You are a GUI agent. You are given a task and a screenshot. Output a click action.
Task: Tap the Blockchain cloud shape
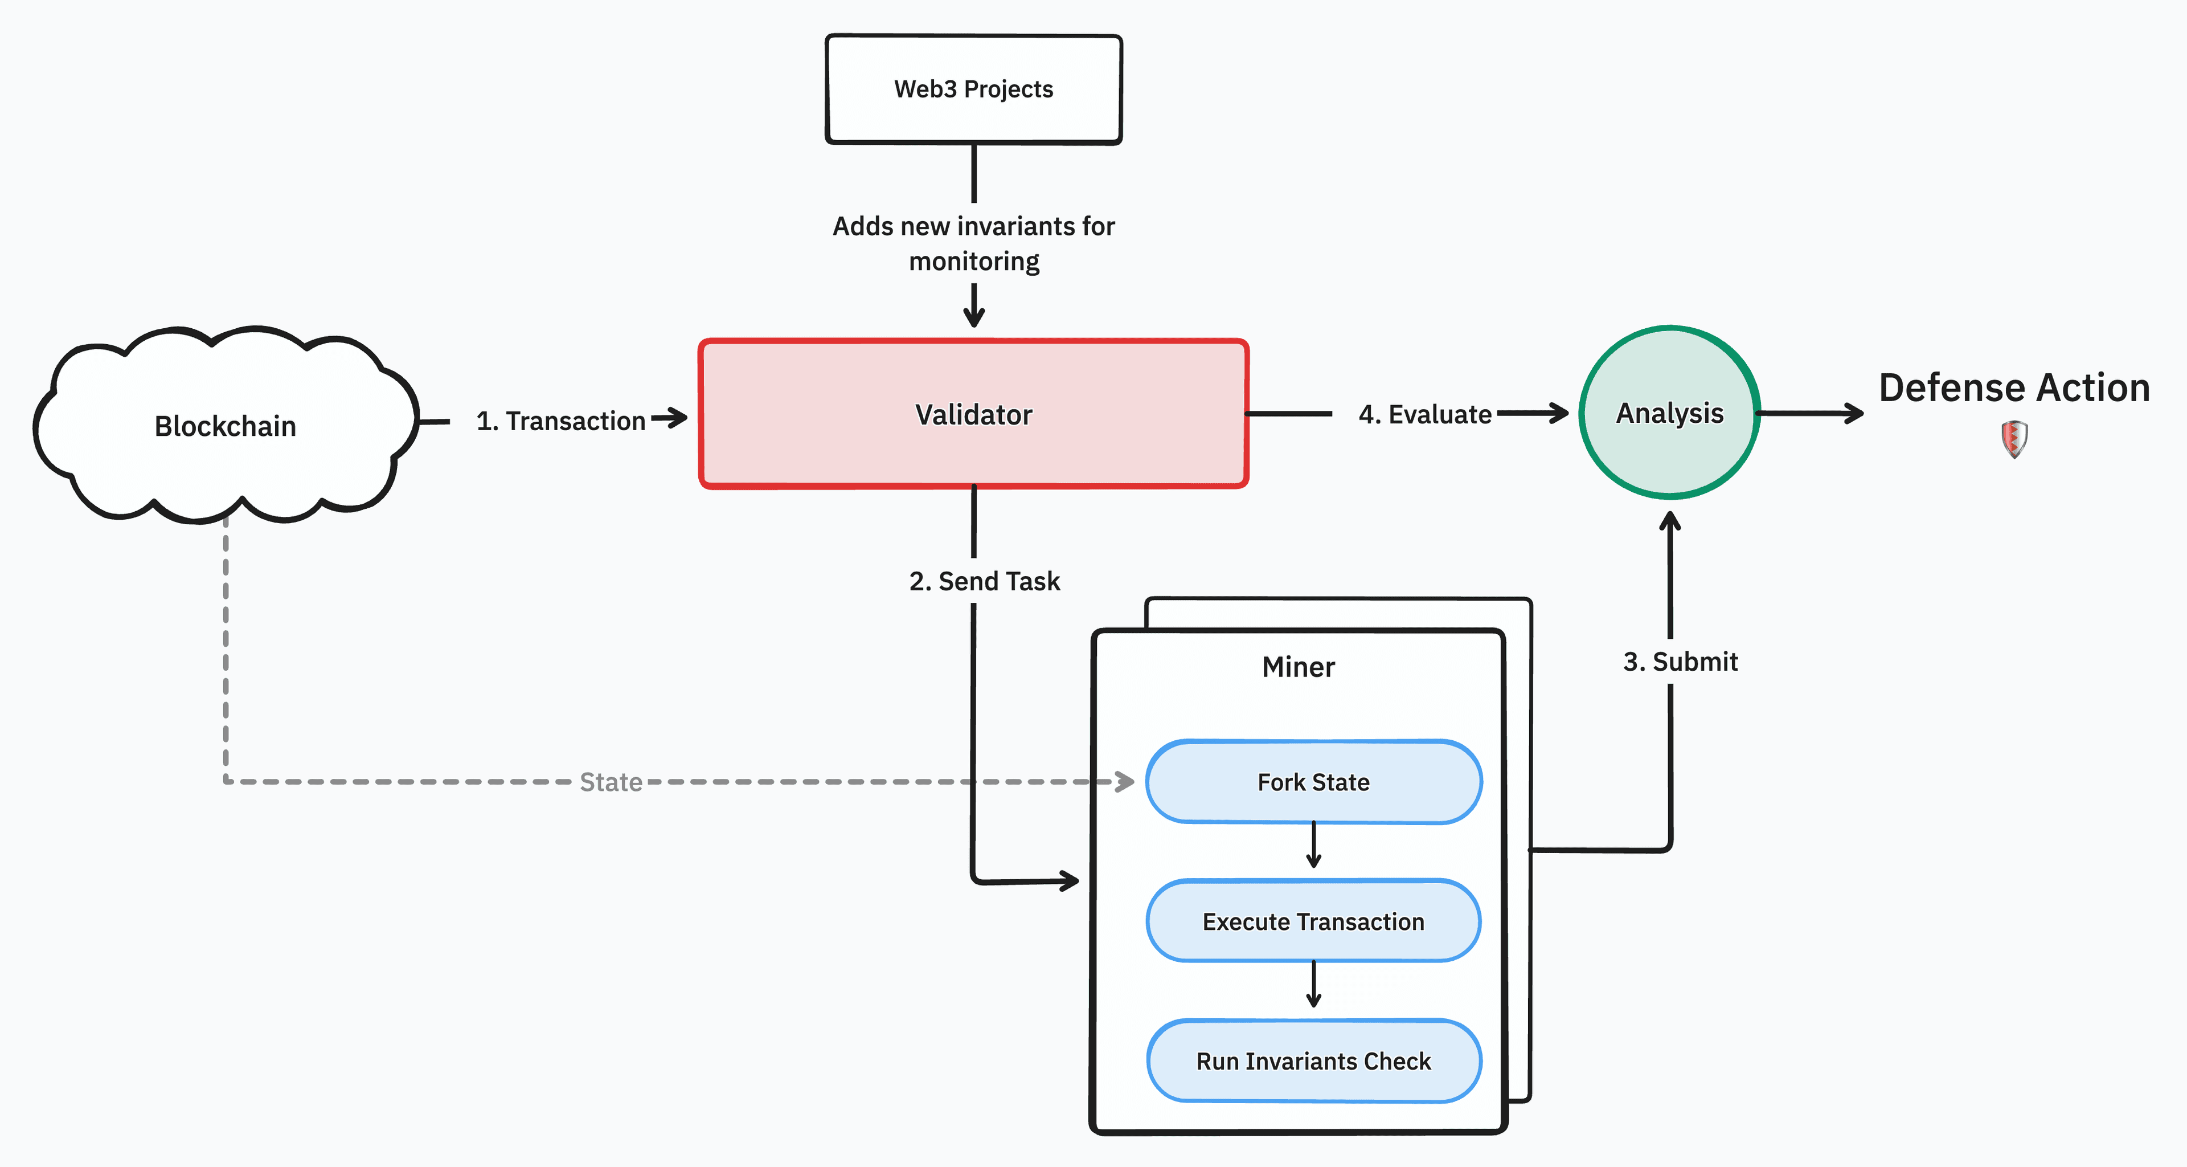[225, 426]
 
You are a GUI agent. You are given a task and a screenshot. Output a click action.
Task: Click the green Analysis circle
[1669, 413]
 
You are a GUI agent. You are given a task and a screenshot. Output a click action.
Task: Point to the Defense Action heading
[2014, 388]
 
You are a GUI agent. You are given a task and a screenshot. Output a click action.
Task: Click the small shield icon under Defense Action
[2014, 439]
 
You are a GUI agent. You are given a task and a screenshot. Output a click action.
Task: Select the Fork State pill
[1313, 782]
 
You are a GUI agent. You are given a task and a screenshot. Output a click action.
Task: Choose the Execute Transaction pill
[1313, 921]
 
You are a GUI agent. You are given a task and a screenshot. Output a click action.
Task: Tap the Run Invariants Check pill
[1313, 1061]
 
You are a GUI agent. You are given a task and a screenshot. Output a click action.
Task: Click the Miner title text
[1298, 667]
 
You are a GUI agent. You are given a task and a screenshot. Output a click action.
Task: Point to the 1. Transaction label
[560, 421]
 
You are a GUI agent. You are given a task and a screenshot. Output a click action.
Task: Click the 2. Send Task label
[984, 581]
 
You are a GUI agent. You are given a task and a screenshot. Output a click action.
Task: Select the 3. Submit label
[1680, 662]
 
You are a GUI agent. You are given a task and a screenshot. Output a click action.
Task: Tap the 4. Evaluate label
[1424, 414]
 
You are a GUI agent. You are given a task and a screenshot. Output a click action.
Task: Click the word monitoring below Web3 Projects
[974, 262]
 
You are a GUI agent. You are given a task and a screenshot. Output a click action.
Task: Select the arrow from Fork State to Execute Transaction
[1313, 845]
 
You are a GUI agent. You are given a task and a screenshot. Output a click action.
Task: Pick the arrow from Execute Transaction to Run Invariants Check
[1313, 985]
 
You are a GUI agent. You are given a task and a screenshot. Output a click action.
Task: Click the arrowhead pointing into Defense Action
[1854, 414]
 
